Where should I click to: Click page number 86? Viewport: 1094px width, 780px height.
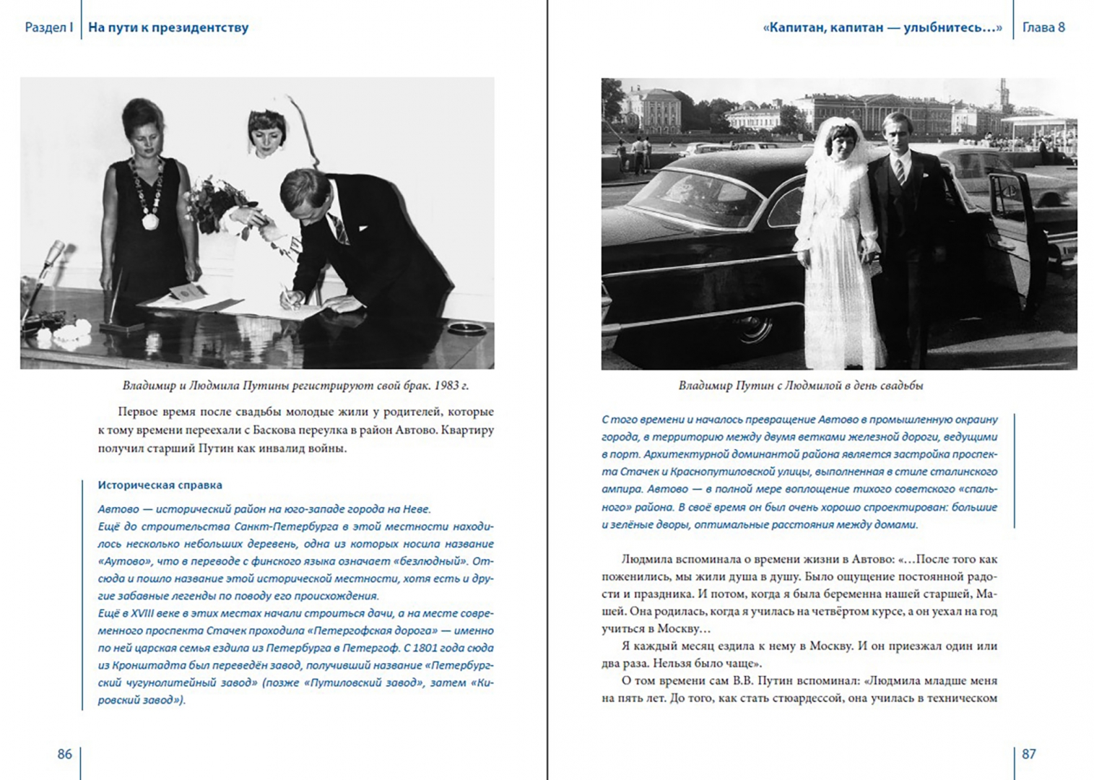(x=64, y=754)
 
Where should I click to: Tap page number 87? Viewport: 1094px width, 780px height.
(x=1029, y=754)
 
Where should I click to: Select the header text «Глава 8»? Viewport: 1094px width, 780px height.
(x=1043, y=28)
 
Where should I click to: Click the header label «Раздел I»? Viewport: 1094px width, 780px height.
(x=49, y=28)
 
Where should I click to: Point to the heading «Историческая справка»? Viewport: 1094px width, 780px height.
(x=160, y=485)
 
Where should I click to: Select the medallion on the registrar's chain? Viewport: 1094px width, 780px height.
(x=150, y=220)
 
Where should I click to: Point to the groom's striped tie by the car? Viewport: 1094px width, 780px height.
(x=900, y=170)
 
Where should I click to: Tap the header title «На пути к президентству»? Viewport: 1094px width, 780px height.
(x=168, y=28)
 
